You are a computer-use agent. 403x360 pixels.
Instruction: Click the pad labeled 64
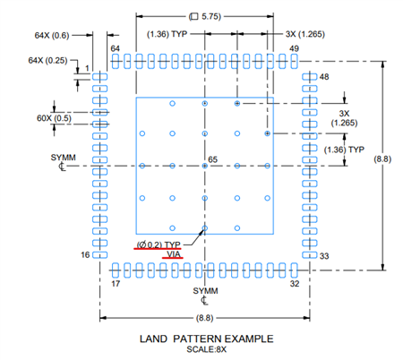click(x=116, y=61)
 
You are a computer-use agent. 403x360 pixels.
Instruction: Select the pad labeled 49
click(x=294, y=61)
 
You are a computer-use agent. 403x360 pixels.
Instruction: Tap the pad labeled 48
click(x=310, y=77)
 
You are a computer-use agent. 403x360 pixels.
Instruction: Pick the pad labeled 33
click(x=310, y=255)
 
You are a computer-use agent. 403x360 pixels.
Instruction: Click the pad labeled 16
click(x=99, y=255)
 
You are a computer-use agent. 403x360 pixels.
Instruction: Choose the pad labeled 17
click(x=116, y=270)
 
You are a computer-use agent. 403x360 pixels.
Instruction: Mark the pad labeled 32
click(x=294, y=270)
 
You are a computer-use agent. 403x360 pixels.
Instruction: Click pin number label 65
click(x=212, y=159)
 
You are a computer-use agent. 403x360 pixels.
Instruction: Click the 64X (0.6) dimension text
click(x=52, y=35)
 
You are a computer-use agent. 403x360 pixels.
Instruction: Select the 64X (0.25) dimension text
click(x=47, y=60)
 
